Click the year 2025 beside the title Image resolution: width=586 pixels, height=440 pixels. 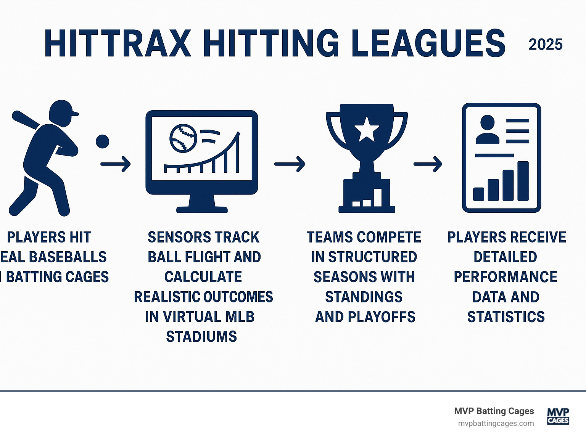545,45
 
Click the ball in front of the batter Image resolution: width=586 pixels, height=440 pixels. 102,141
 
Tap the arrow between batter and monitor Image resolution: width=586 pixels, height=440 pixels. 116,164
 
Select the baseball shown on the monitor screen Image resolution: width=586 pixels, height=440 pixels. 183,138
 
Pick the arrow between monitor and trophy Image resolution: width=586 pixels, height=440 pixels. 290,164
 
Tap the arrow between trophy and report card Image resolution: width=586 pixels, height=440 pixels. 428,164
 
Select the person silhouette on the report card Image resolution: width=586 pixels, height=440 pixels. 487,130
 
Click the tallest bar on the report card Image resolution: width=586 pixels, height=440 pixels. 523,181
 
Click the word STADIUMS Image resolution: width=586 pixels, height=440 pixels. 201,337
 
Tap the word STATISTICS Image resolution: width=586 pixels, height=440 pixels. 506,317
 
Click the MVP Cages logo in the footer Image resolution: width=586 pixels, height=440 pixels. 558,416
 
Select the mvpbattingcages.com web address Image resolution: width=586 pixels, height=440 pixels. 496,424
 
